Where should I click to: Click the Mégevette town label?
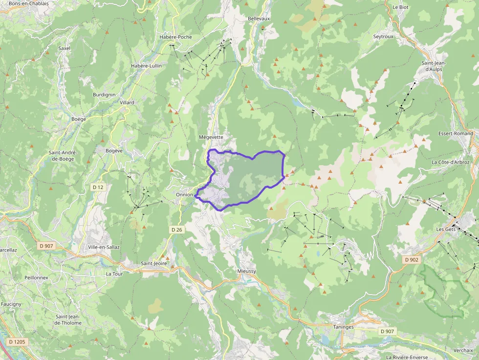[211, 137]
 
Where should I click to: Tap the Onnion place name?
[184, 194]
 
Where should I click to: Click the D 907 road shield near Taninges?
[388, 332]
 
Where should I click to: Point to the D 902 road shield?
[412, 260]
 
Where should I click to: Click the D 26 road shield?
[176, 230]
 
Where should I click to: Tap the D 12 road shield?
[98, 187]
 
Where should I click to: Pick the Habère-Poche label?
[175, 37]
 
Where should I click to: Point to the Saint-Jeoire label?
[154, 264]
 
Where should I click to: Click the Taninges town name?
[344, 327]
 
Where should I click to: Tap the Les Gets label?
[445, 229]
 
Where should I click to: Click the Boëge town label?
[79, 119]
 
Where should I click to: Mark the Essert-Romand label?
[456, 133]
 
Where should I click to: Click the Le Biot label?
[400, 7]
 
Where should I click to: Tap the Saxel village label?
[65, 48]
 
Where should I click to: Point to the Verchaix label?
[463, 350]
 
